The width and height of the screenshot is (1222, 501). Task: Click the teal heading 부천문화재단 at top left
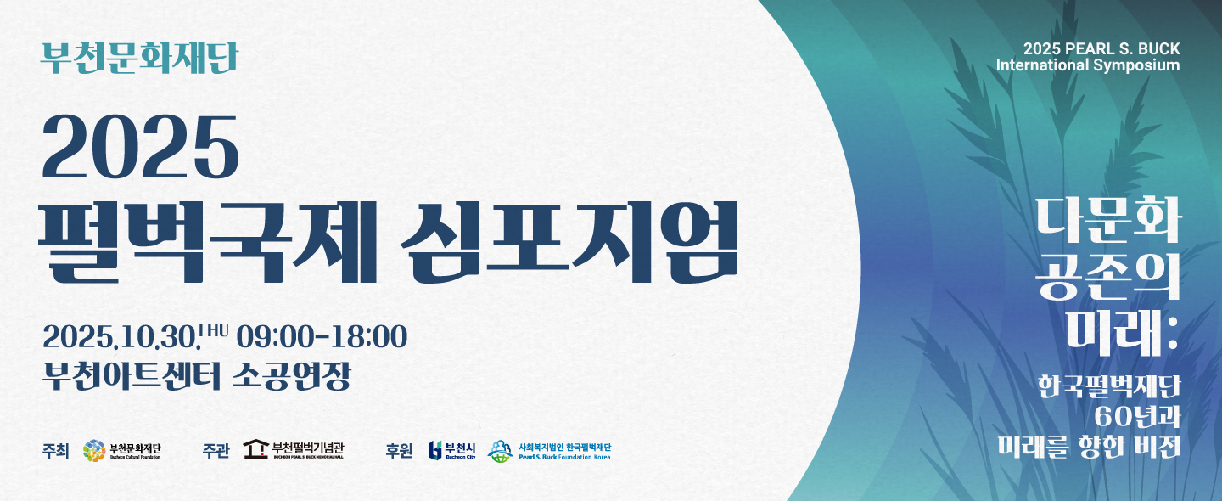140,58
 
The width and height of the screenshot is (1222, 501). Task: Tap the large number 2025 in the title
141,147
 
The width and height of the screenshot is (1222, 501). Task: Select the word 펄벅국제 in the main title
207,242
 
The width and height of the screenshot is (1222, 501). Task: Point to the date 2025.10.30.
120,337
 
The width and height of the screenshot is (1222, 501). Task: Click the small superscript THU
213,329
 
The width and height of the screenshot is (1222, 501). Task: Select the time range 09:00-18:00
322,337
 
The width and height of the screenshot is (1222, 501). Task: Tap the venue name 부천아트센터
132,375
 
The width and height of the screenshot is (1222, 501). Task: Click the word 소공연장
291,375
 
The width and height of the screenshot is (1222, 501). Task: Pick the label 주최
56,451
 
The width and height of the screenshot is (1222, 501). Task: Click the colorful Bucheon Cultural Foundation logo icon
94,451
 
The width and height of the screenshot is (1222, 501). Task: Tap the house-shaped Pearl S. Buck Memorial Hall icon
256,449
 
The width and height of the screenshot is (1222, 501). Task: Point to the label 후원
400,451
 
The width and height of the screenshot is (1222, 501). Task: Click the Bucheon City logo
452,450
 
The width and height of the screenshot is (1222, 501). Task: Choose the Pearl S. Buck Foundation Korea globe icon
500,452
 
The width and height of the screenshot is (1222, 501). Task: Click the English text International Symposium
1088,65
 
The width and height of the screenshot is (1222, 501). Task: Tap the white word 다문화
1109,219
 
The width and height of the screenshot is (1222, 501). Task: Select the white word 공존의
1108,276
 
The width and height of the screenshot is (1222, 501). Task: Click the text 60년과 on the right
1137,418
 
